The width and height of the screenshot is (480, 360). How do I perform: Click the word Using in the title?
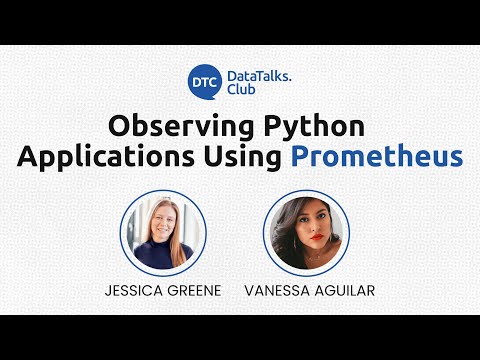246,157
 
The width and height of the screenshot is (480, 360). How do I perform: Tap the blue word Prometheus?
377,157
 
